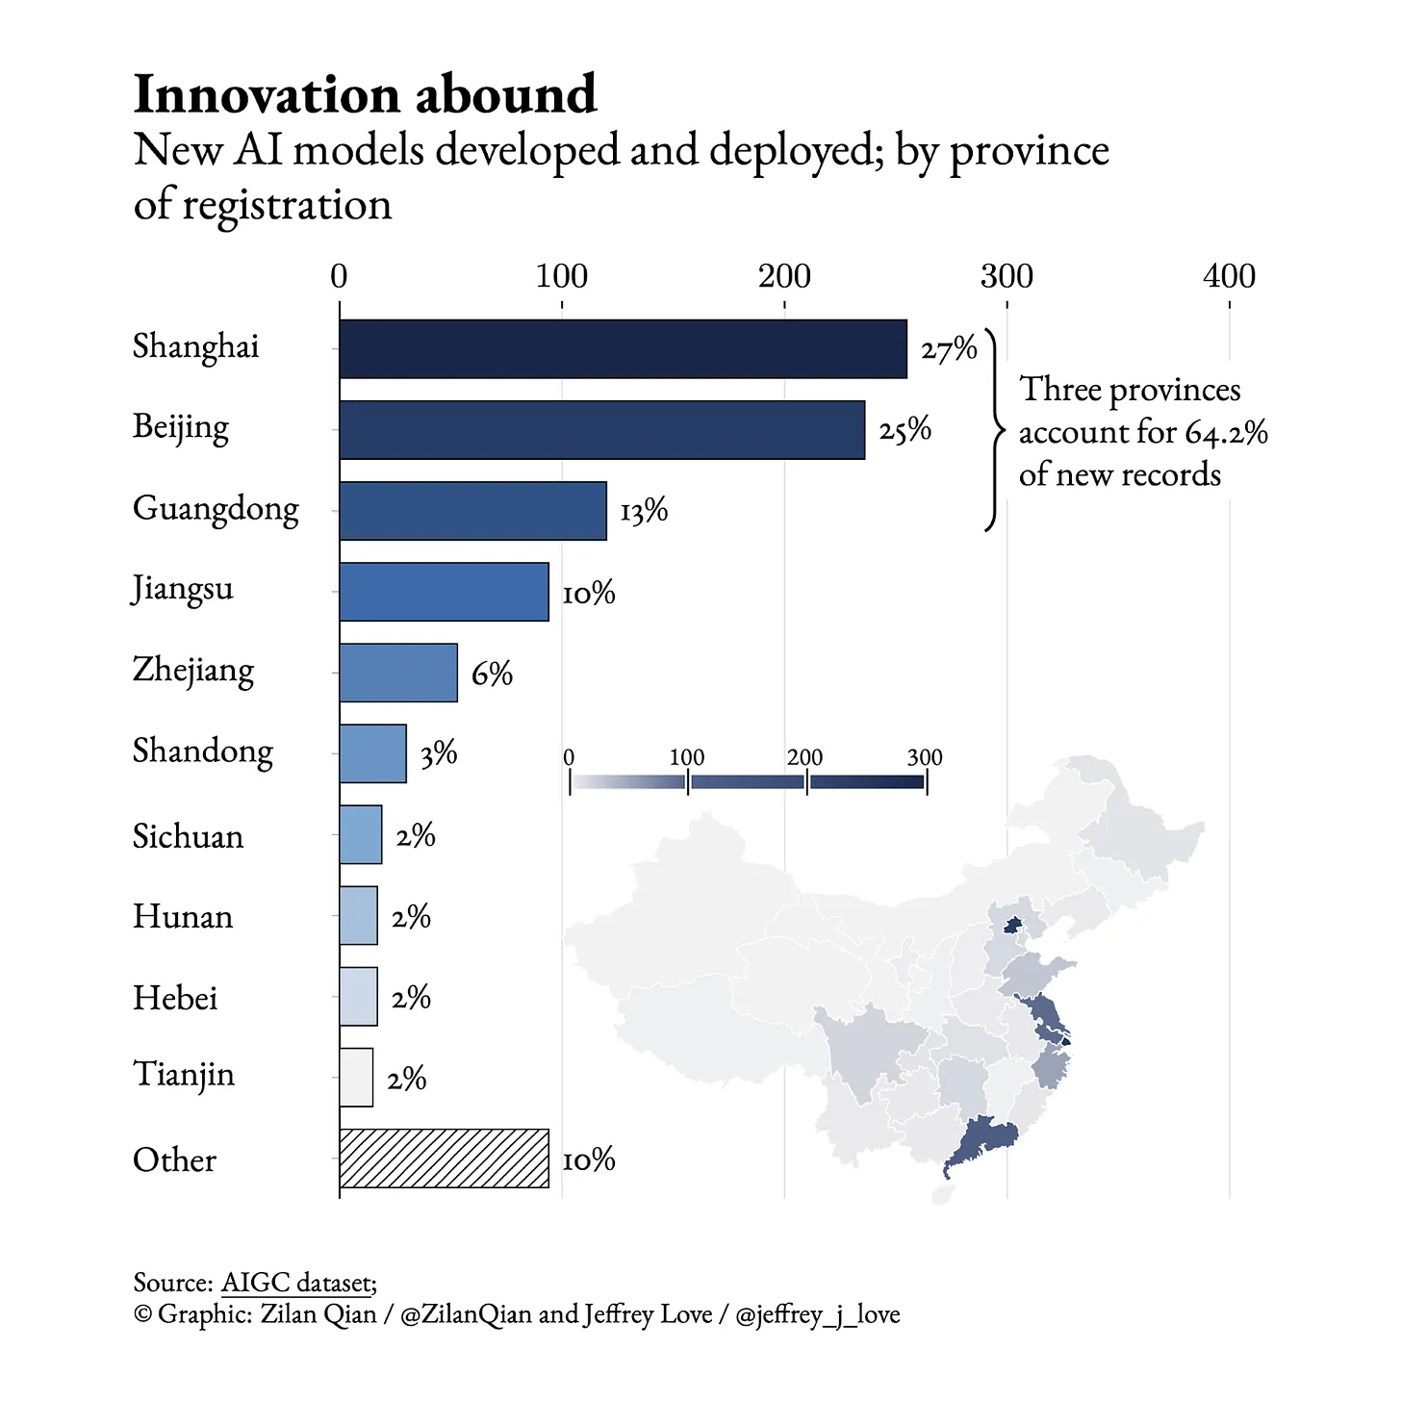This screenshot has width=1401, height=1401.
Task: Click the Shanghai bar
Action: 623,348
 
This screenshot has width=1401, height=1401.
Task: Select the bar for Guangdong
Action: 472,511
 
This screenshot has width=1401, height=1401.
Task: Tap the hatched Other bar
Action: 444,1158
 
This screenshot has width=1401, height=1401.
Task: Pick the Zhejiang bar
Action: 398,673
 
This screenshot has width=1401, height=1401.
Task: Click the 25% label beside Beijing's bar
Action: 904,429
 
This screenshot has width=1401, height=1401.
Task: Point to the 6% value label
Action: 492,674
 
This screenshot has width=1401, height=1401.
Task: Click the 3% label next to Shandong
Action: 439,753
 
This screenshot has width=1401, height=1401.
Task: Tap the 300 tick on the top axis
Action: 1006,277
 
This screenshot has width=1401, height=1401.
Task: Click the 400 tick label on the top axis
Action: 1229,277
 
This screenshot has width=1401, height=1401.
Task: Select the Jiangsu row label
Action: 183,588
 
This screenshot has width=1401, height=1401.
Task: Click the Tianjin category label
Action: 184,1074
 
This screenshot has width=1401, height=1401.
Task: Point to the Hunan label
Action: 183,916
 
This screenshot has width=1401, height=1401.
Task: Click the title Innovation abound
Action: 365,94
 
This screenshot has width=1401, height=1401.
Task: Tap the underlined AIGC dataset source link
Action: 296,1283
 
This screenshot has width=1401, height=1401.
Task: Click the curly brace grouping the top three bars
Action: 994,429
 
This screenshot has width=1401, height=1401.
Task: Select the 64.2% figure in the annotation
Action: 1226,433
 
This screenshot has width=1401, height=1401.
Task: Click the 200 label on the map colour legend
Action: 804,757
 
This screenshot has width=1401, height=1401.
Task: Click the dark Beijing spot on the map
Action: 1012,926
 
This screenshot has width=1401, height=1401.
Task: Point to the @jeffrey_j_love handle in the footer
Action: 817,1314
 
